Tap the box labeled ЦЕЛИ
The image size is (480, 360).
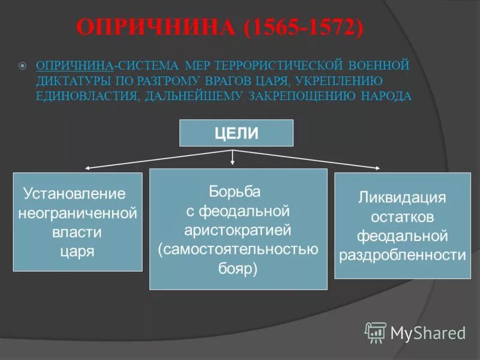[236, 133]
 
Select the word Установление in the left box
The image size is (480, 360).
[74, 194]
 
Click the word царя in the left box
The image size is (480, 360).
[77, 251]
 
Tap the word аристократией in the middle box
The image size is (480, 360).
[238, 230]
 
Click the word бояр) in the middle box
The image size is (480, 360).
[238, 268]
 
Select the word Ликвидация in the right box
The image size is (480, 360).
[402, 197]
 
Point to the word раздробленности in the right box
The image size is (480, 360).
[402, 255]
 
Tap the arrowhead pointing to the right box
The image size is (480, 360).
[377, 168]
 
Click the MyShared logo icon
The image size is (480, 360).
[376, 331]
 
